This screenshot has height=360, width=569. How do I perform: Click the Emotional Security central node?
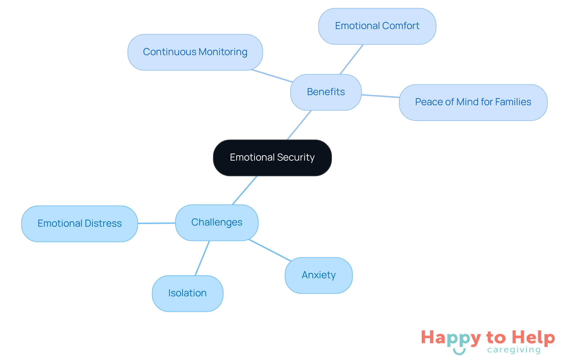[272, 158]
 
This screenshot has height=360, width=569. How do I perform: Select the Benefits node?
[326, 92]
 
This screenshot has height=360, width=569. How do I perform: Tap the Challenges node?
[217, 223]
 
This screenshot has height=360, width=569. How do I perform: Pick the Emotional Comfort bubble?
[377, 26]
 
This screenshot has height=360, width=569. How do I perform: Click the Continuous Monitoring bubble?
[195, 52]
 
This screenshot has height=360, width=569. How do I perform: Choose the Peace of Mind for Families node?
[473, 102]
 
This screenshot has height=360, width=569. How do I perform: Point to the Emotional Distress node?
[79, 224]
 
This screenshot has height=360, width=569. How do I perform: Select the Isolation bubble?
[187, 293]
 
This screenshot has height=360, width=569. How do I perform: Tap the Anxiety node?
[319, 275]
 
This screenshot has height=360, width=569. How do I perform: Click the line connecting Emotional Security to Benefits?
[299, 125]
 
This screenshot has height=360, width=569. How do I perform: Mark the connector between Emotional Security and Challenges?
[244, 190]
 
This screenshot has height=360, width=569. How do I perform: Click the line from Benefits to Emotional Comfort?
[351, 59]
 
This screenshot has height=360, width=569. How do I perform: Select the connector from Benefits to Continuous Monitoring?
[272, 76]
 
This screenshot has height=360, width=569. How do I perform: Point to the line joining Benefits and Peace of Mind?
[380, 96]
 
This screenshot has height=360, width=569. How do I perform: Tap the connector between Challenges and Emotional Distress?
[156, 223]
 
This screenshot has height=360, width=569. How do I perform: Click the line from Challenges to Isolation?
[202, 258]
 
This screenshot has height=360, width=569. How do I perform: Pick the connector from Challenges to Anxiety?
[270, 250]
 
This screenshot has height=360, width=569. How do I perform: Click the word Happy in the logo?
[451, 338]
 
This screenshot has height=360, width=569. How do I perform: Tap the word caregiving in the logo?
[514, 350]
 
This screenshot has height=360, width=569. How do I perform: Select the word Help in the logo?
[533, 337]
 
